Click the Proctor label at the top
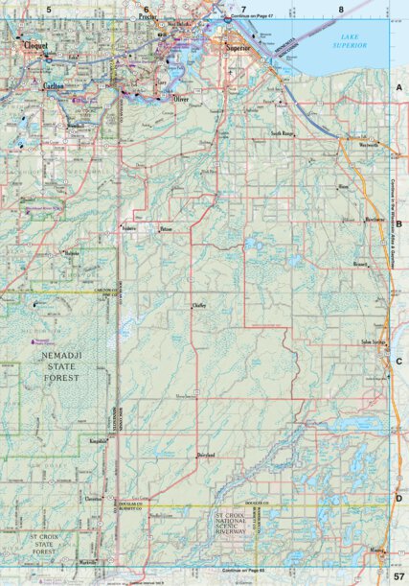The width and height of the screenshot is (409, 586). click(x=147, y=17)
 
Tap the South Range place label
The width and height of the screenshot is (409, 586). click(x=281, y=133)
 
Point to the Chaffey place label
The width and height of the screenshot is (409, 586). click(x=199, y=305)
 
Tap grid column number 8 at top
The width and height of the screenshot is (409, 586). click(x=341, y=9)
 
